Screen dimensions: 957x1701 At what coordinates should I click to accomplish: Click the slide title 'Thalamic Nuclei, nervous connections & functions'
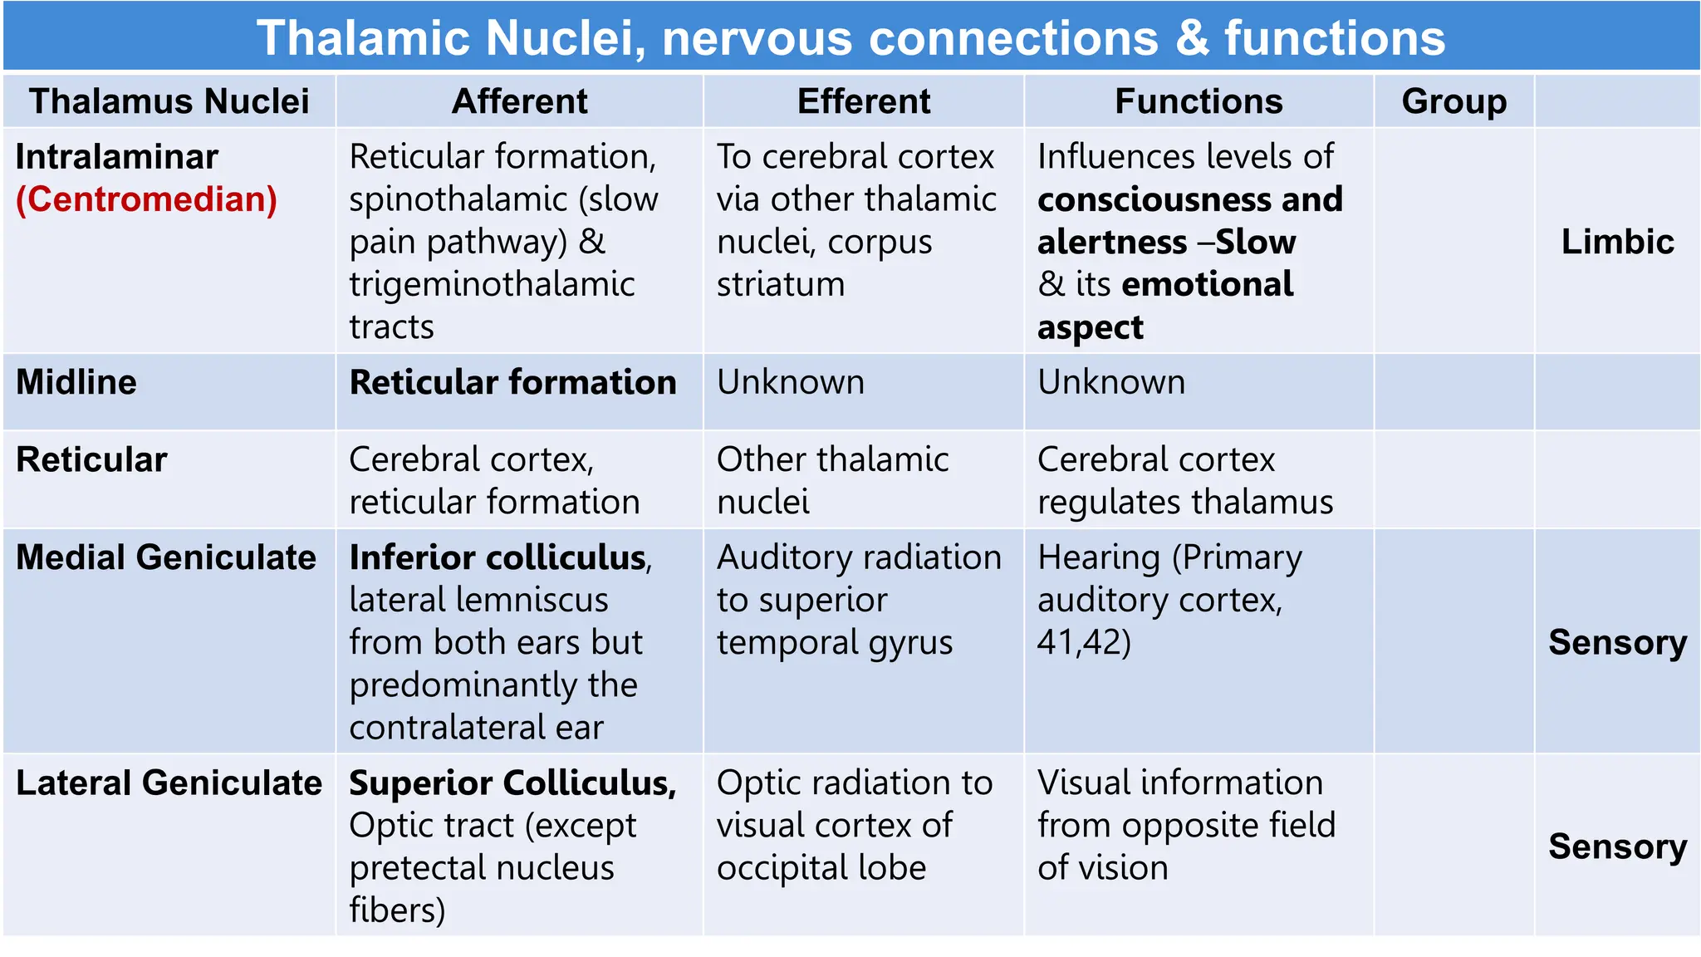click(850, 38)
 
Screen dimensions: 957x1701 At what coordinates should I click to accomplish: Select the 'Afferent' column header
click(519, 101)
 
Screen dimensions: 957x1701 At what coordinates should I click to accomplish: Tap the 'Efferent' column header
click(864, 101)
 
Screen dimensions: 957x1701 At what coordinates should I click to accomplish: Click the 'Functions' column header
click(1199, 101)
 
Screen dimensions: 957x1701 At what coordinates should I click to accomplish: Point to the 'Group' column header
click(1453, 101)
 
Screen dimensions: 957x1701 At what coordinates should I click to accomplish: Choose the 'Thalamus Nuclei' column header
click(169, 101)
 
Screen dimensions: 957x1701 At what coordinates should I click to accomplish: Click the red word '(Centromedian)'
click(146, 199)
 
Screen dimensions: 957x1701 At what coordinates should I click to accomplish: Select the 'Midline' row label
click(76, 382)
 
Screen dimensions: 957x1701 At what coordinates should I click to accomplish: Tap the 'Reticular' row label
click(91, 459)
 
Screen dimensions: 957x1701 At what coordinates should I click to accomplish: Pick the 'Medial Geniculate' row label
click(166, 557)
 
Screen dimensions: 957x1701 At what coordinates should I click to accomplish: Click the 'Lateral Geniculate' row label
click(169, 783)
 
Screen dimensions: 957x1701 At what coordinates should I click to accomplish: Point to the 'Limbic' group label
click(1617, 242)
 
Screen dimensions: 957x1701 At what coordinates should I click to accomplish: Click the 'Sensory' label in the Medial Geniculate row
click(1617, 642)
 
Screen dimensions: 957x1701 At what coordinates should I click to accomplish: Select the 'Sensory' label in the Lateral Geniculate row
click(1617, 847)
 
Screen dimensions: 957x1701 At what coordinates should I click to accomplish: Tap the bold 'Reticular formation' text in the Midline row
click(512, 382)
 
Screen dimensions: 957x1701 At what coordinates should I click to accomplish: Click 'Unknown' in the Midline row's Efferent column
click(790, 382)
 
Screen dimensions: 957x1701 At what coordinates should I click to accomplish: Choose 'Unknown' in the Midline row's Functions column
click(1111, 382)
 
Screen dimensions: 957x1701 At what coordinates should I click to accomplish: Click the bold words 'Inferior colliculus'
click(498, 557)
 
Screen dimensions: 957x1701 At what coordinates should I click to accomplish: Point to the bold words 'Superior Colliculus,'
click(512, 783)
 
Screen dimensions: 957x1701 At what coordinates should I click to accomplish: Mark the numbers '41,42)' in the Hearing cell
click(1084, 642)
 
